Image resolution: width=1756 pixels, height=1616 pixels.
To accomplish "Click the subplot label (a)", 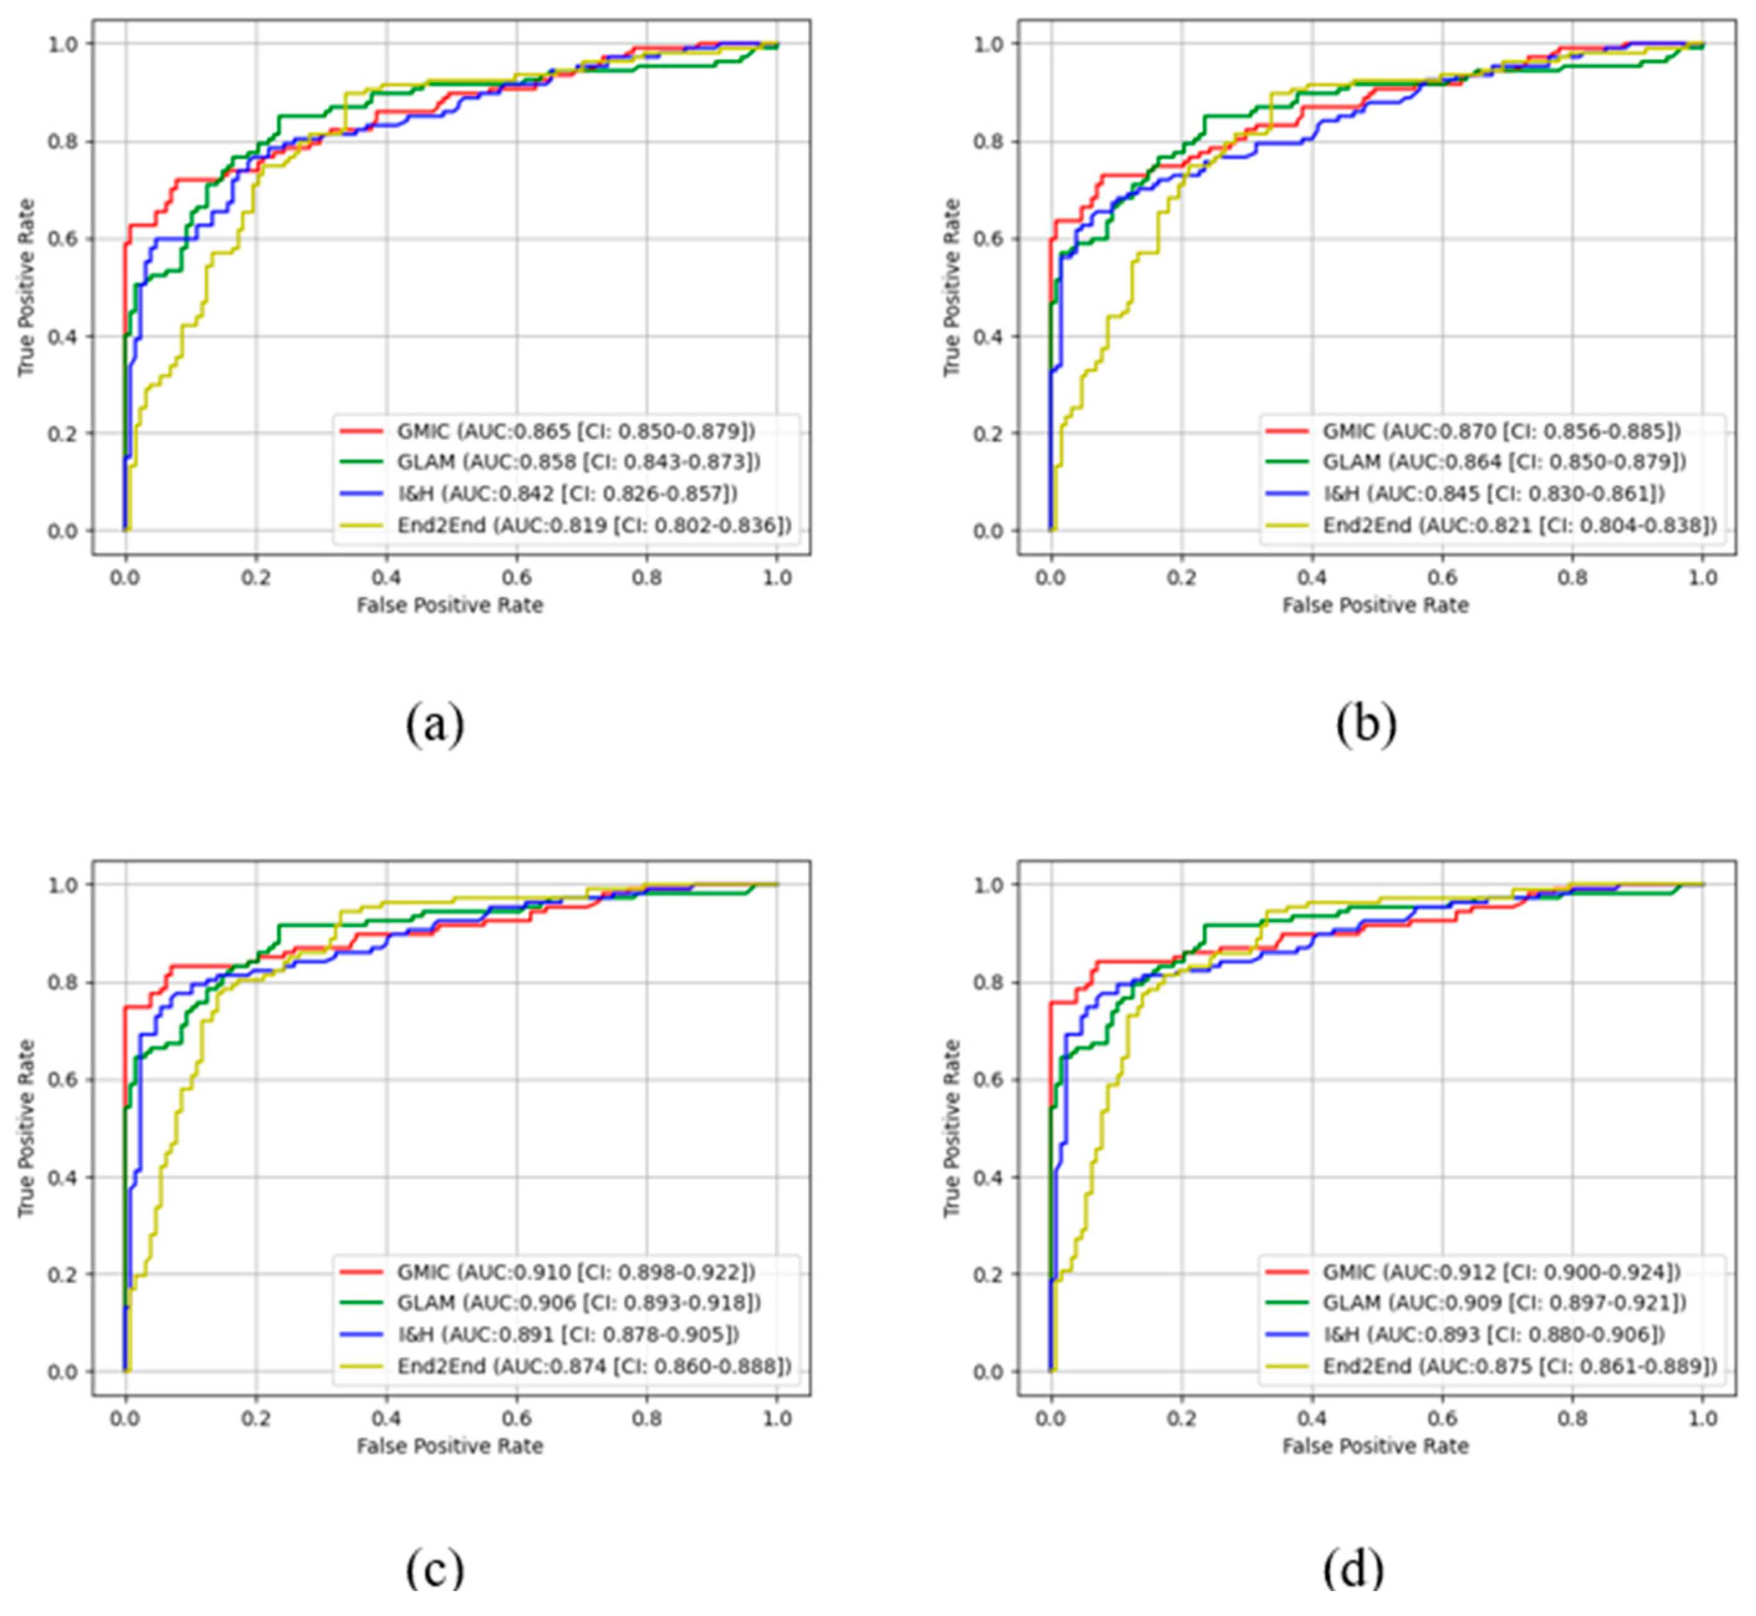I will click(x=434, y=724).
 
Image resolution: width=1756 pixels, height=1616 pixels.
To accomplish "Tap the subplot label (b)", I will click(x=1366, y=724).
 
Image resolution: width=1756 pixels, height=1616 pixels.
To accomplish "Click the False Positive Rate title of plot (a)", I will click(x=449, y=605).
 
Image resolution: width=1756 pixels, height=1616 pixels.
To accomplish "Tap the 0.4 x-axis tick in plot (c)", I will click(x=386, y=1418).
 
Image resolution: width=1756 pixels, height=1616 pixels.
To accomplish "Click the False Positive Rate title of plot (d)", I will click(x=1376, y=1446).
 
